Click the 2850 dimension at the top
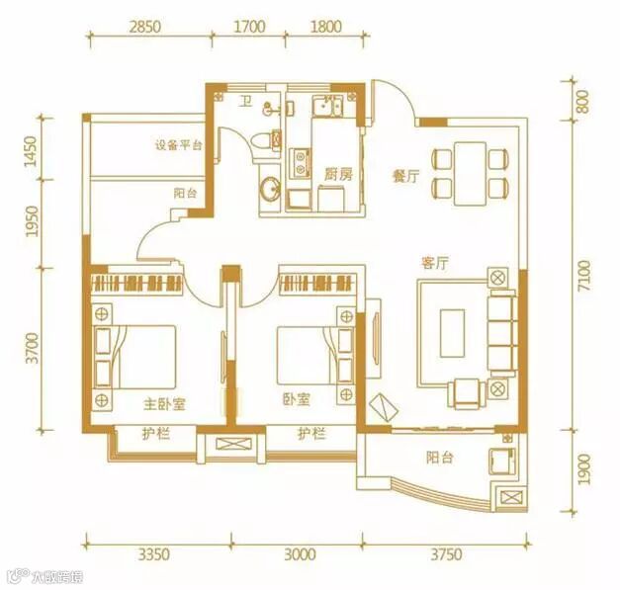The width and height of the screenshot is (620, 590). (x=145, y=27)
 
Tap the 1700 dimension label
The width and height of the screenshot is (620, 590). (x=249, y=27)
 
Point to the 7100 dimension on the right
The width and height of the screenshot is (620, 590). (x=583, y=276)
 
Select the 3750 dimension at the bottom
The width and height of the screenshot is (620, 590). (x=446, y=554)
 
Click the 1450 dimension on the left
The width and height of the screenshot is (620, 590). (x=31, y=151)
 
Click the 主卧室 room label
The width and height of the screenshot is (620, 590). (x=164, y=404)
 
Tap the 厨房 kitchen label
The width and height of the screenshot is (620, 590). (x=338, y=174)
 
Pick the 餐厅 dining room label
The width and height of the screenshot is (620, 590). (x=406, y=176)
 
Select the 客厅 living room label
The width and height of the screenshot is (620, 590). (x=435, y=263)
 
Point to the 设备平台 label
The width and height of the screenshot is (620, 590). (x=179, y=145)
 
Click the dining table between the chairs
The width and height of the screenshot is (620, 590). (x=470, y=174)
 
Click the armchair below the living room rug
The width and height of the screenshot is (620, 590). (x=467, y=393)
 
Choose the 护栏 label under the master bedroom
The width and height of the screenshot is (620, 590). (x=156, y=434)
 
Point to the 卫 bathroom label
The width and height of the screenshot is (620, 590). (x=246, y=103)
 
